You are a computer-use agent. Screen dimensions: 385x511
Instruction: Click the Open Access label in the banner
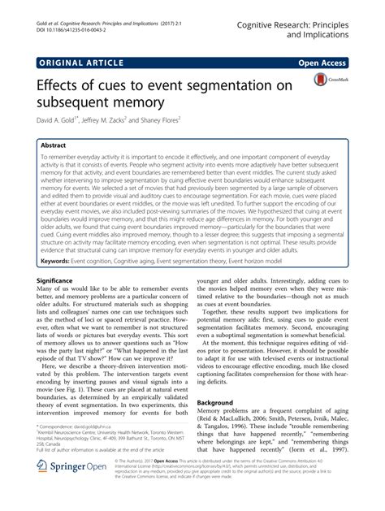coord(324,61)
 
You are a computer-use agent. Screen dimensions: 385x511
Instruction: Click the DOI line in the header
coord(74,17)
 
